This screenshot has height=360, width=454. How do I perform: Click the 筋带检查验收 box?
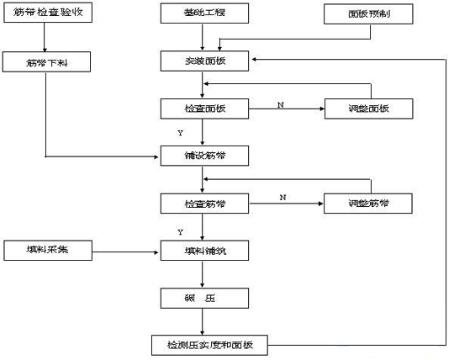[x=47, y=14]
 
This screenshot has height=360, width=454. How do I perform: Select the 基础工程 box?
[x=204, y=14]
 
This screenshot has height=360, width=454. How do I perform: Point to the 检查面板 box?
[x=204, y=109]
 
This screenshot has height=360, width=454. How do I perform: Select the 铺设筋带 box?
[x=204, y=156]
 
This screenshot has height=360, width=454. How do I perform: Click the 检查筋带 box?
[x=204, y=204]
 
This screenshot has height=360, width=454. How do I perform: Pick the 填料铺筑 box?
[x=204, y=250]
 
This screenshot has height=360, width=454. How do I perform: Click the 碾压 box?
[x=204, y=297]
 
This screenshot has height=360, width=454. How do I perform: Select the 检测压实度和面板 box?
[x=210, y=345]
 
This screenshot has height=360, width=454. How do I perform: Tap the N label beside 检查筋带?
[x=282, y=197]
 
